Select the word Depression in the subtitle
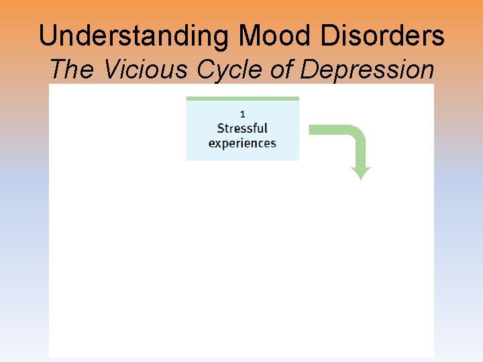[x=367, y=69]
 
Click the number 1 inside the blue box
[x=242, y=114]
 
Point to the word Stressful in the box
[x=242, y=128]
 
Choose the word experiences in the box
[x=242, y=143]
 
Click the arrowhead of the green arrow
[x=361, y=174]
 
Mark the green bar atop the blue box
[x=242, y=99]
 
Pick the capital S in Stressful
[x=221, y=128]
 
